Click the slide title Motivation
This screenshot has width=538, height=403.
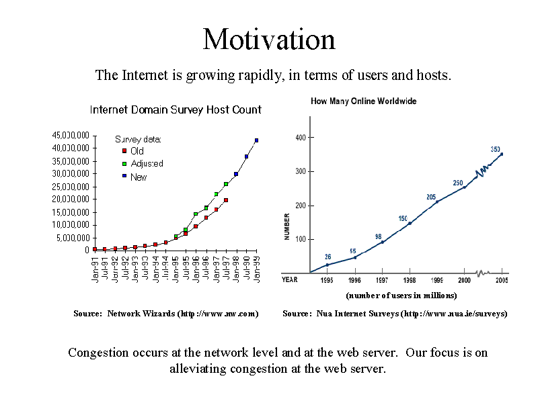pyautogui.click(x=269, y=39)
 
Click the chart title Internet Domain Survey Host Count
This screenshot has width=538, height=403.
pyautogui.click(x=176, y=109)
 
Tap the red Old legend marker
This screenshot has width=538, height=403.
pyautogui.click(x=124, y=151)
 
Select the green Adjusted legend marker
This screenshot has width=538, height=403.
pyautogui.click(x=124, y=164)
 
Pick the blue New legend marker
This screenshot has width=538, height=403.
pyautogui.click(x=124, y=177)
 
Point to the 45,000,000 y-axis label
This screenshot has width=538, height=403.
pyautogui.click(x=71, y=136)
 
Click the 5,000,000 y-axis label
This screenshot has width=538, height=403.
pyautogui.click(x=73, y=238)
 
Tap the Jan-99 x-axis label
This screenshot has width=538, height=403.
pyautogui.click(x=256, y=269)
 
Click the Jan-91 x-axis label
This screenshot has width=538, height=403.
pyautogui.click(x=95, y=269)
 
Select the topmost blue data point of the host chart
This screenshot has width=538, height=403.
pyautogui.click(x=256, y=140)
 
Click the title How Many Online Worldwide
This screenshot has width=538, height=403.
pyautogui.click(x=363, y=101)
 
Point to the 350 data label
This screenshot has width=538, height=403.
pyautogui.click(x=496, y=149)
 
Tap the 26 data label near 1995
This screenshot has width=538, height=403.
pyautogui.click(x=328, y=257)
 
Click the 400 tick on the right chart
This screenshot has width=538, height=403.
pyautogui.click(x=300, y=138)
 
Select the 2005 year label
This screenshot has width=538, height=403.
pyautogui.click(x=502, y=280)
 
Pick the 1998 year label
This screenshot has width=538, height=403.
pyautogui.click(x=410, y=280)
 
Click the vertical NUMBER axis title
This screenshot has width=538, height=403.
pyautogui.click(x=287, y=228)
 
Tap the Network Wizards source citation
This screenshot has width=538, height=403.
pyautogui.click(x=166, y=314)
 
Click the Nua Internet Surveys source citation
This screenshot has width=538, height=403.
pyautogui.click(x=395, y=314)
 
